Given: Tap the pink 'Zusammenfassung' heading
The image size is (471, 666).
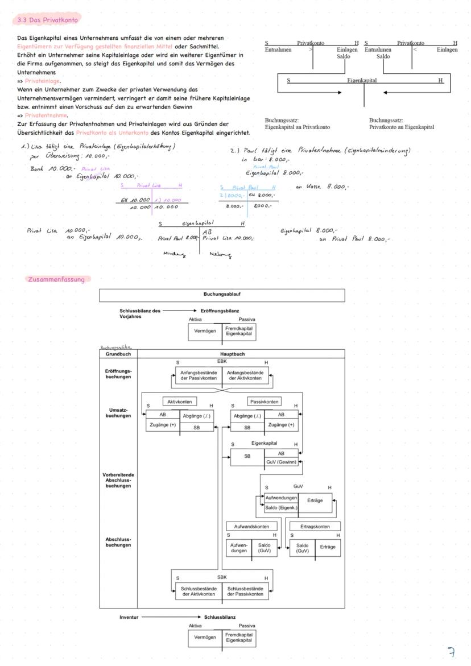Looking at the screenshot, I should coord(56,279).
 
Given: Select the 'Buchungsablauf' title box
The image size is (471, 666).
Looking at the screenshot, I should coord(222,295).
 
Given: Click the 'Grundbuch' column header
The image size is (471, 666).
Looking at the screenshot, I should coord(118,354).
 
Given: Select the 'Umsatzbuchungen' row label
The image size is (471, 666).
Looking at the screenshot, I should coord(118,412).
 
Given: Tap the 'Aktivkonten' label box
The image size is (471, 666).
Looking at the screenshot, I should coord(180,402).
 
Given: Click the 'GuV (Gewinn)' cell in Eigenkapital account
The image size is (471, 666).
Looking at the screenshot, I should coord(281,462).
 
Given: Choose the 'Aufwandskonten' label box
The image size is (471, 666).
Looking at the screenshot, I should coord(252,527).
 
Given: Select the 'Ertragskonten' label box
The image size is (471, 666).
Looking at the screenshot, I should coord(315,527).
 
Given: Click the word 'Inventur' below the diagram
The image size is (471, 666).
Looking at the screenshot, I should coord(129,617).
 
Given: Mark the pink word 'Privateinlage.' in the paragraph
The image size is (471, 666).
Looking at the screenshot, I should coord(43,81).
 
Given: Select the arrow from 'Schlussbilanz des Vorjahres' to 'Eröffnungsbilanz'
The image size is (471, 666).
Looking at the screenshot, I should coord(180,311).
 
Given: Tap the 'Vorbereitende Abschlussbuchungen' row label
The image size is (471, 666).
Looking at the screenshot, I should coord(118,480).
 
